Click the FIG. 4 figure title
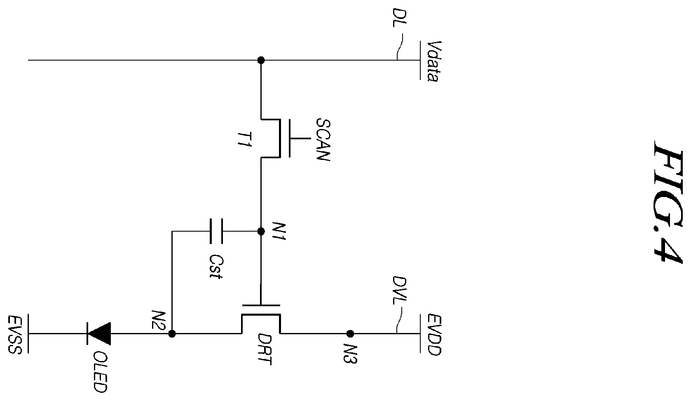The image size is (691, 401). (x=668, y=202)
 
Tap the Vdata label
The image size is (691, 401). (x=434, y=61)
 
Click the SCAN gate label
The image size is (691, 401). (x=323, y=140)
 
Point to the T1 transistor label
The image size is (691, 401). (x=245, y=139)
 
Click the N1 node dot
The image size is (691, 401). (x=261, y=231)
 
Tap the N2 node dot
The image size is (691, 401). (x=172, y=334)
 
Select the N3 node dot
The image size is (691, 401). (x=350, y=333)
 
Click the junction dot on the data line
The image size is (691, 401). (x=261, y=60)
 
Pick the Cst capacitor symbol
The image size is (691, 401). (x=216, y=231)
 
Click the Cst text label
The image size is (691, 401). (x=215, y=267)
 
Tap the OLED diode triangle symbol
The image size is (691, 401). (x=99, y=334)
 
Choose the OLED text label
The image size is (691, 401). (x=100, y=372)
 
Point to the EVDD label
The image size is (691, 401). (x=435, y=335)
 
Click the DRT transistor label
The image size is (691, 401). (x=265, y=349)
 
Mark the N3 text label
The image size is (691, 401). (x=350, y=354)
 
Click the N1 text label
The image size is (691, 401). (x=279, y=231)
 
